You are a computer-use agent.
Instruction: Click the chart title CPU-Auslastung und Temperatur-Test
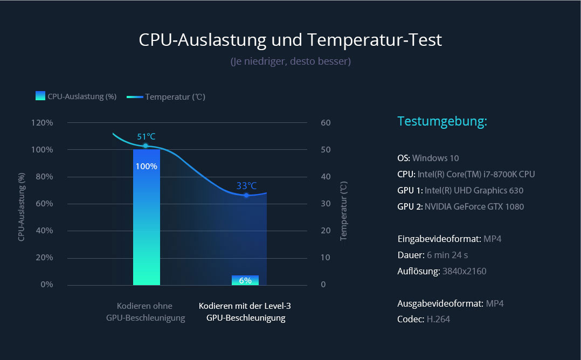[290, 40]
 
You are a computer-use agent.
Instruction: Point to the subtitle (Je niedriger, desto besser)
[290, 61]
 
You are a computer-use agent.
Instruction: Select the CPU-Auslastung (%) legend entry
[76, 96]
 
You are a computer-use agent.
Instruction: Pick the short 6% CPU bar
[245, 280]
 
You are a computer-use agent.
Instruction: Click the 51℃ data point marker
[146, 146]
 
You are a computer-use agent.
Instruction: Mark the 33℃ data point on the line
[246, 195]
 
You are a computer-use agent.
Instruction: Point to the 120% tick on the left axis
[43, 123]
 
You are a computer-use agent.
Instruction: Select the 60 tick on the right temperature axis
[326, 123]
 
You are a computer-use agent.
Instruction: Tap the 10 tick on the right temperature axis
[326, 258]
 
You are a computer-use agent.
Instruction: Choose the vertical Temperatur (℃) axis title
[344, 211]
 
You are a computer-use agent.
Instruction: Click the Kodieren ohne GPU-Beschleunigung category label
[146, 312]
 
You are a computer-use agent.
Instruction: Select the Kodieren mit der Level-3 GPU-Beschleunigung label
[245, 312]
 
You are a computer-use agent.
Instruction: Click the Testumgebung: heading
[442, 121]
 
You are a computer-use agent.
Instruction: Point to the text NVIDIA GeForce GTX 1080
[474, 206]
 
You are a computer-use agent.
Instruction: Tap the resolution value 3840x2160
[464, 271]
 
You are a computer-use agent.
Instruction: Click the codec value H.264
[438, 319]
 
